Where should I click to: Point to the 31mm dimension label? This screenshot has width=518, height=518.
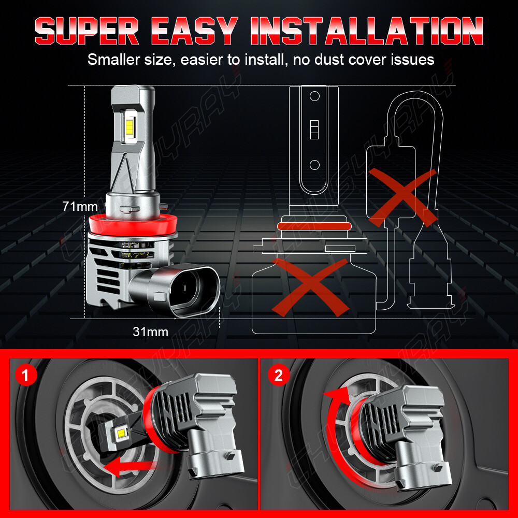click(150, 332)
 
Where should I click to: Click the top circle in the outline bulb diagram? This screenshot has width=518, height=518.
click(314, 96)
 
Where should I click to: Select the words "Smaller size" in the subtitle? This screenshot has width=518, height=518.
click(126, 60)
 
